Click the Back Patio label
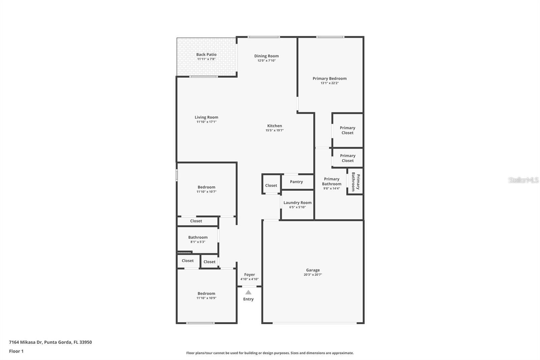click(206, 54)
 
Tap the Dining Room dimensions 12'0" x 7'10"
click(266, 61)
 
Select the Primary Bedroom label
click(329, 78)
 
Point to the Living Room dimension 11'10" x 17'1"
click(206, 122)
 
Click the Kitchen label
click(274, 126)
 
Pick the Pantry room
click(296, 182)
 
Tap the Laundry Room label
click(297, 203)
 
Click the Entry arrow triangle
click(248, 292)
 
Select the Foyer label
click(249, 275)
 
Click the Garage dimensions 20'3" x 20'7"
click(313, 275)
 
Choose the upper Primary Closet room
click(347, 130)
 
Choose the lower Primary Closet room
click(347, 158)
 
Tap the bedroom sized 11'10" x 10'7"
click(206, 189)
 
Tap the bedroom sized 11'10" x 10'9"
click(206, 295)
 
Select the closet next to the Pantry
click(271, 185)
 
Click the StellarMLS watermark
click(523, 180)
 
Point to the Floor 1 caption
click(16, 351)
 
